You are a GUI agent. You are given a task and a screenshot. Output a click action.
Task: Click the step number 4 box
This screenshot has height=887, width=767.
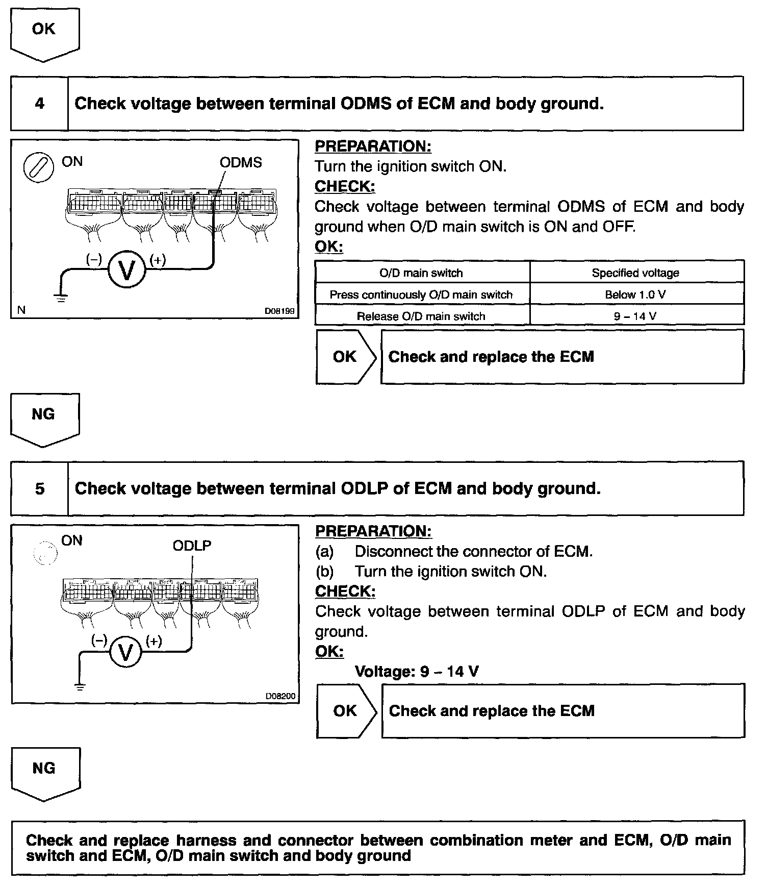point(39,104)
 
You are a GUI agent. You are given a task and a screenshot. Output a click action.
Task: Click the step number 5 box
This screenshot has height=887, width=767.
point(39,488)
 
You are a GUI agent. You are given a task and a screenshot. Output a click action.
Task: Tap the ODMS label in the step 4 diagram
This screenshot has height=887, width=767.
point(241,163)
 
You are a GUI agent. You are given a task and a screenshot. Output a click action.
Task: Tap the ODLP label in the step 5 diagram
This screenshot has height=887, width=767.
point(192,546)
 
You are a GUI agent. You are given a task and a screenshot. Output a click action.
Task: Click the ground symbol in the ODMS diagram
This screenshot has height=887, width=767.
point(61,298)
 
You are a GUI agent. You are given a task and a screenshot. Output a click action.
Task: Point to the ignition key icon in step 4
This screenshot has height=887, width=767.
point(39,167)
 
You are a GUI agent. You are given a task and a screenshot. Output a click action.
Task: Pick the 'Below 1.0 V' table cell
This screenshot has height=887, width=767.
point(635,294)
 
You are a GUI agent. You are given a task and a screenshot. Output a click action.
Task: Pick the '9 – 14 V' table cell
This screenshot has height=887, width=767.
point(635,316)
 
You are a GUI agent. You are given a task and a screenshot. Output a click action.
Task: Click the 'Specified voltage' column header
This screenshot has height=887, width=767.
point(635,273)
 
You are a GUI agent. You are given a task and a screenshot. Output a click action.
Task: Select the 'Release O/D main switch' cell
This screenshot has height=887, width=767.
point(421,316)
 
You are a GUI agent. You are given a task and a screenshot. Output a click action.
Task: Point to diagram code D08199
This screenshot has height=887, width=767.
point(279,310)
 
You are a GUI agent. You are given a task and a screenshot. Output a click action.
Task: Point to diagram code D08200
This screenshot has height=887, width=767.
point(280,696)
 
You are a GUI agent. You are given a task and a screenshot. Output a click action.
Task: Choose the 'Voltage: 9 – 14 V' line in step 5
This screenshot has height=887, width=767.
point(416,671)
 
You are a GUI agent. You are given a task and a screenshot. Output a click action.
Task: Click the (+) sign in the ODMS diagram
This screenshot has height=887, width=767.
point(158,260)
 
